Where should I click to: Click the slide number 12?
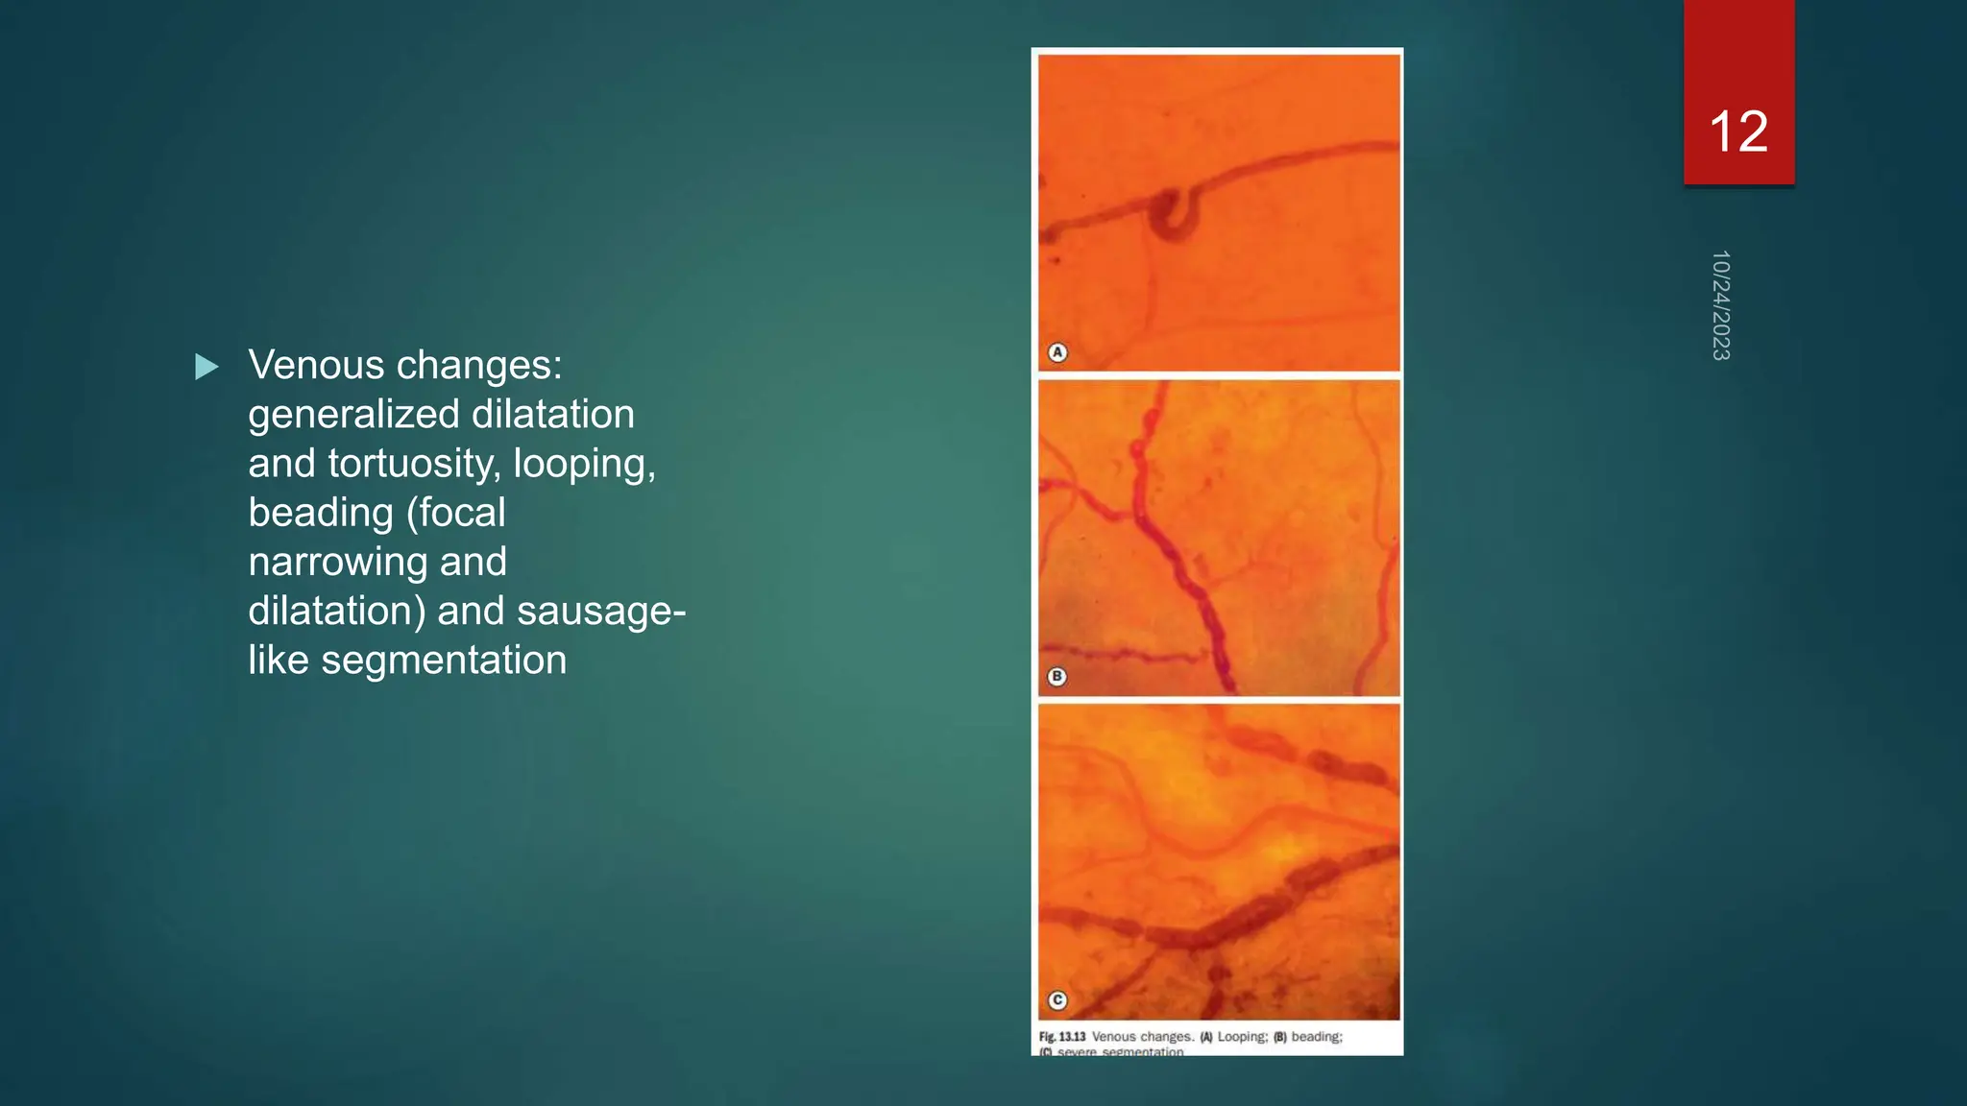pos(1738,132)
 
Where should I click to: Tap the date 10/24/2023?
pos(1720,305)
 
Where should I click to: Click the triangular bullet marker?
pos(206,367)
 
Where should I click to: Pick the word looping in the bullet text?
pos(584,464)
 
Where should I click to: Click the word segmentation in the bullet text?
pos(444,661)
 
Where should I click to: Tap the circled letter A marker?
pos(1057,352)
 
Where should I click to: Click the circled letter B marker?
pos(1057,676)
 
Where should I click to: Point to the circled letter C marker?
pos(1057,1000)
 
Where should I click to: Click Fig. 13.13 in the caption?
pos(1062,1037)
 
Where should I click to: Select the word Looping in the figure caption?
pos(1242,1037)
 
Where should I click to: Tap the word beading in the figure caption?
pos(1316,1037)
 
